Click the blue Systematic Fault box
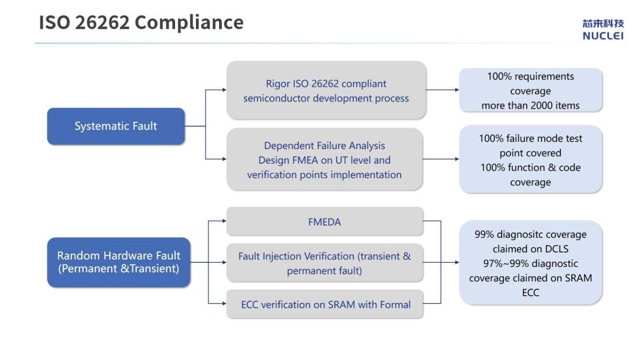point(116,126)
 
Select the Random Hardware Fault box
point(119,262)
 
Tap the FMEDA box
point(325,221)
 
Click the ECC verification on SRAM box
point(325,304)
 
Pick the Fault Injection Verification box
point(325,263)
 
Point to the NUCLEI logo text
point(603,36)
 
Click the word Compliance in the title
point(189,23)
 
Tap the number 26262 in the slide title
point(102,23)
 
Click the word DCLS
point(557,249)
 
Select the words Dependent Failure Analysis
point(325,145)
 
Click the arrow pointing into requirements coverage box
point(442,90)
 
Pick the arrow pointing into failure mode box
point(440,159)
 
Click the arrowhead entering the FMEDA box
point(224,221)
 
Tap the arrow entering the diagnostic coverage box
point(450,262)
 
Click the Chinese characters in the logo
point(603,24)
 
